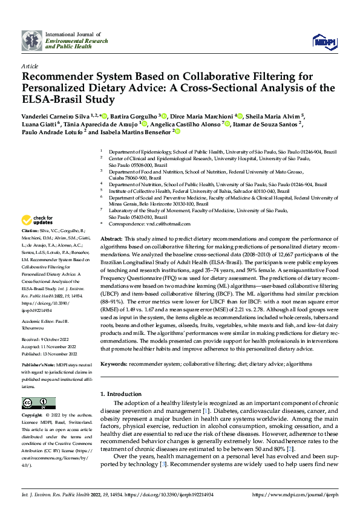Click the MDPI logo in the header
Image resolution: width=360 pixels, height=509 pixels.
[324, 41]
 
